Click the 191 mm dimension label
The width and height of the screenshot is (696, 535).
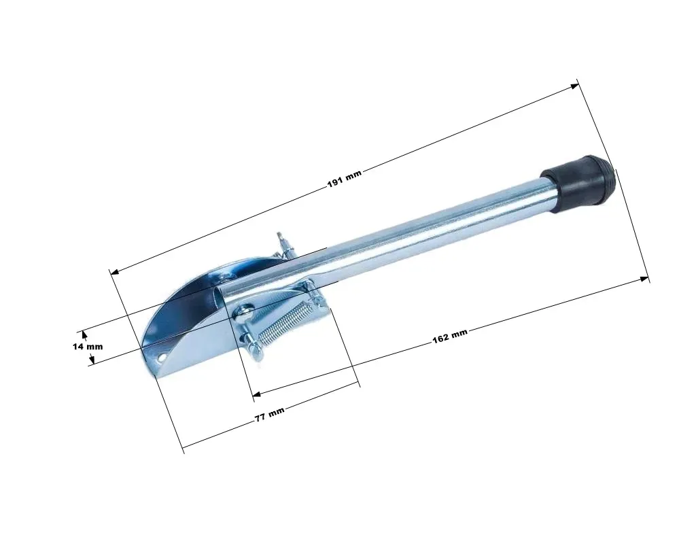pyautogui.click(x=345, y=177)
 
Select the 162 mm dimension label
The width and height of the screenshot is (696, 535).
pyautogui.click(x=450, y=336)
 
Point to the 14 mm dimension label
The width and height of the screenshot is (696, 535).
pyautogui.click(x=88, y=346)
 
